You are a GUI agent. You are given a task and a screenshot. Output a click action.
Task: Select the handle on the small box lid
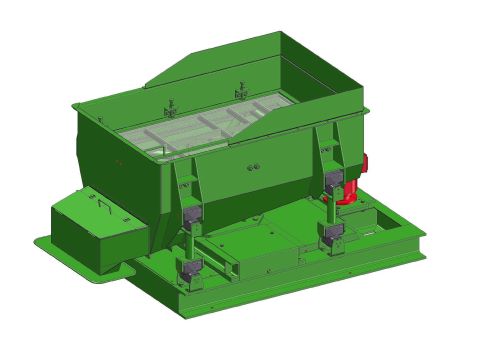[101, 205]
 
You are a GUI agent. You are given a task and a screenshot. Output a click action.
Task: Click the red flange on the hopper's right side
[366, 162]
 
